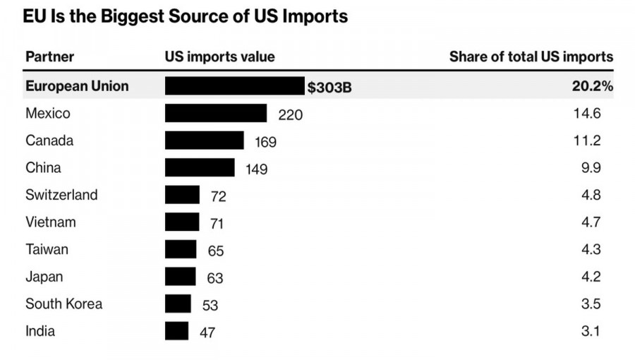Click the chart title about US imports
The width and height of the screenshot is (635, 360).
(186, 16)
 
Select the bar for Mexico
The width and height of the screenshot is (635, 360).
(216, 114)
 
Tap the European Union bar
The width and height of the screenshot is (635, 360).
(234, 86)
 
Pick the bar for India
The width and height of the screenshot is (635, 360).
(177, 331)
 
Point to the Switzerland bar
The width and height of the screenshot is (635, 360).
(182, 195)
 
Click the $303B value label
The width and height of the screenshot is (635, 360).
(329, 88)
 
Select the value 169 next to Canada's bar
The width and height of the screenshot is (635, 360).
(265, 142)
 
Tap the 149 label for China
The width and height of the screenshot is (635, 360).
(257, 169)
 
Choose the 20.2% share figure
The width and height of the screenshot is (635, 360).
(593, 87)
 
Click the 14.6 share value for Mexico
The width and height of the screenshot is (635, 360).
(588, 114)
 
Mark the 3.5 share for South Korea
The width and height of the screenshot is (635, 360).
(591, 304)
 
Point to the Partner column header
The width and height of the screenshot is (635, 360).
(49, 57)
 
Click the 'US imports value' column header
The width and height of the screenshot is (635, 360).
(220, 57)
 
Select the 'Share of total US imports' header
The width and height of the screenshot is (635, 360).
(531, 57)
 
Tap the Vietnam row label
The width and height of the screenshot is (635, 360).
(51, 222)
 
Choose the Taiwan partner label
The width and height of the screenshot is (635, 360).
(47, 249)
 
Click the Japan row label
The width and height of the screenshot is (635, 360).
(44, 277)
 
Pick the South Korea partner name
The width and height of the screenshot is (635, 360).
(64, 304)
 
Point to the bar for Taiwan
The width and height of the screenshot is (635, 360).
(181, 249)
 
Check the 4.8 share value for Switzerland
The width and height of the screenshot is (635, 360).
(591, 196)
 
